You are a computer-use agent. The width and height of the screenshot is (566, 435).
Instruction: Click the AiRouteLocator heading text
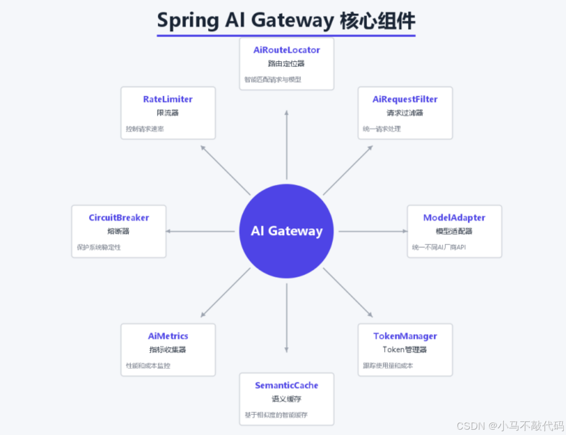tap(287, 50)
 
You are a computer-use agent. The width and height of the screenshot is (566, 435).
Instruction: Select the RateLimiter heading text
tap(168, 99)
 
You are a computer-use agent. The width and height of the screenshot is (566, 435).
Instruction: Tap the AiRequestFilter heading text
tap(405, 99)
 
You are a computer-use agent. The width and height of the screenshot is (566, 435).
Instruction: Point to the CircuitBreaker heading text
tap(119, 218)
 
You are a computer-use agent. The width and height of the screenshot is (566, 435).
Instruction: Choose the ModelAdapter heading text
tap(454, 218)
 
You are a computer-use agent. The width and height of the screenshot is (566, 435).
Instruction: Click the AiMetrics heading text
tap(168, 336)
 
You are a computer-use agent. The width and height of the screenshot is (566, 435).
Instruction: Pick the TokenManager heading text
tap(405, 336)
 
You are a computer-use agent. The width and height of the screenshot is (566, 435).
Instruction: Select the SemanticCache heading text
tap(287, 386)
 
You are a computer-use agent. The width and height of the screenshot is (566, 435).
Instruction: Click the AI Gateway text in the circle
tap(287, 231)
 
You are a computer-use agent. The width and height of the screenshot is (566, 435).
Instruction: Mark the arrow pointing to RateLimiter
tap(225, 169)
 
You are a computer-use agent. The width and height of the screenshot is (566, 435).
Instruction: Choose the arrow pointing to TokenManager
tap(348, 292)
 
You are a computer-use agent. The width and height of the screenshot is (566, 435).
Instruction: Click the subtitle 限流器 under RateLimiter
tap(168, 113)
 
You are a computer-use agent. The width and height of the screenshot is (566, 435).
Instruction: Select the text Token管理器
tap(405, 349)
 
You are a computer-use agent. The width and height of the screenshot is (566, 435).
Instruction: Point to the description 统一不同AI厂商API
tap(439, 247)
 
